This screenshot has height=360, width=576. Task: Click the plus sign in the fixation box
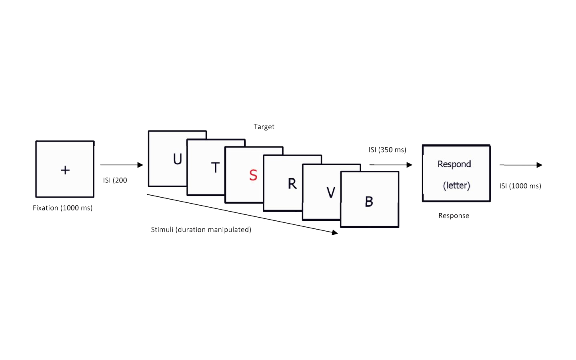[x=65, y=170]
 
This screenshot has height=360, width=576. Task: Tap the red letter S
[x=253, y=175]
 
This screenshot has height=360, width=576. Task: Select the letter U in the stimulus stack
[x=178, y=159]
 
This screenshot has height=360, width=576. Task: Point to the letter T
[x=215, y=168]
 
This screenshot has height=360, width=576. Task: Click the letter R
[x=292, y=184]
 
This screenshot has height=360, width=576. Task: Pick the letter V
[x=331, y=192]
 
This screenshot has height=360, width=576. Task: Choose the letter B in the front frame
[x=369, y=202]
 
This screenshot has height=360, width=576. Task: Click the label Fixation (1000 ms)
[x=62, y=208]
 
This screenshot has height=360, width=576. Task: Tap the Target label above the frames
[x=264, y=127]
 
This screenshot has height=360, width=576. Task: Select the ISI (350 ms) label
[x=387, y=150]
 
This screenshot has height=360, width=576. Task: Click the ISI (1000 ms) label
[x=520, y=186]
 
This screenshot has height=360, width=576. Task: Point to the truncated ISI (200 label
[x=115, y=180]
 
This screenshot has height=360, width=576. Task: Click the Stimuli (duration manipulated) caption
[x=201, y=230]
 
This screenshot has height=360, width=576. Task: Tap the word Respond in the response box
[x=454, y=164]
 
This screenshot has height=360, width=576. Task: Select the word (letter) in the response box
[x=456, y=186]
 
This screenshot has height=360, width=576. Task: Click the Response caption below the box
[x=454, y=216]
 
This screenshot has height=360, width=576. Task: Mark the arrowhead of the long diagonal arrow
[x=335, y=232]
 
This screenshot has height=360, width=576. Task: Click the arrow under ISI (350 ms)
[x=391, y=165]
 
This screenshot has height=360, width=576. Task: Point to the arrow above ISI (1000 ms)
[x=521, y=165]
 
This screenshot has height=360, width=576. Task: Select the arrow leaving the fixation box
[x=122, y=165]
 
